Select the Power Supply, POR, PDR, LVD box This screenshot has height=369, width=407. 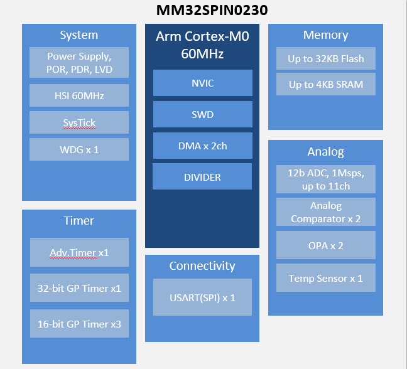pyautogui.click(x=79, y=63)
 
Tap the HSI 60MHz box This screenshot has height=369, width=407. pyautogui.click(x=79, y=96)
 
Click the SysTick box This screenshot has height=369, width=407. pyautogui.click(x=79, y=123)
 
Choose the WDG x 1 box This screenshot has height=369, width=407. pyautogui.click(x=79, y=150)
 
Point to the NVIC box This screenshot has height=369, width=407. pyautogui.click(x=202, y=83)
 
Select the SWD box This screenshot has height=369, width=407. pyautogui.click(x=202, y=115)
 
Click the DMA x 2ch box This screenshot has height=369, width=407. pyautogui.click(x=202, y=146)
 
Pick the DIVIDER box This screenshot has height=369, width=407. pyautogui.click(x=202, y=177)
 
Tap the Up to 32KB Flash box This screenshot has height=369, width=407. pyautogui.click(x=325, y=59)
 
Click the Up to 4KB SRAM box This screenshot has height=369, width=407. pyautogui.click(x=325, y=84)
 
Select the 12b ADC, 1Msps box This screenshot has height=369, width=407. pyautogui.click(x=325, y=179)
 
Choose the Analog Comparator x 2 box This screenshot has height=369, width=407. pyautogui.click(x=325, y=212)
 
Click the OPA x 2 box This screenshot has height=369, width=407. pyautogui.click(x=325, y=245)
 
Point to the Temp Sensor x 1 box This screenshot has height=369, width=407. pyautogui.click(x=325, y=278)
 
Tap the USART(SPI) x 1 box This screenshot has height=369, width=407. pyautogui.click(x=202, y=297)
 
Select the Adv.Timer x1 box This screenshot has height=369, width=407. pyautogui.click(x=79, y=253)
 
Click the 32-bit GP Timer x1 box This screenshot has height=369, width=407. pyautogui.click(x=79, y=289)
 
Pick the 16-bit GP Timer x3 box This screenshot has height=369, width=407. pyautogui.click(x=79, y=324)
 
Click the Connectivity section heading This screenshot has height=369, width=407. pyautogui.click(x=202, y=266)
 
